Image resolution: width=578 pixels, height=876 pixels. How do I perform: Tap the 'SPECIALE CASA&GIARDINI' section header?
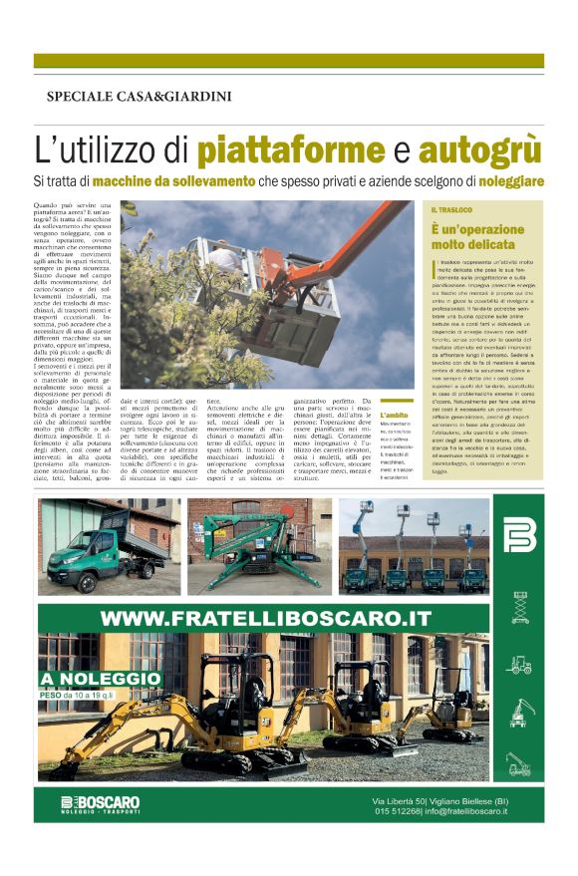point(139,97)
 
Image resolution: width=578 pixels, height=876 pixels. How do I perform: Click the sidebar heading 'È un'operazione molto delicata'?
point(478,236)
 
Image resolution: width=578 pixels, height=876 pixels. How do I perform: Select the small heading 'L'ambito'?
point(393,414)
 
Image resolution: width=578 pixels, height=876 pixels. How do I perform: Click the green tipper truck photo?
point(110,546)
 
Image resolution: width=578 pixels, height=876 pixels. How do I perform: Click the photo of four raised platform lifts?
point(411,546)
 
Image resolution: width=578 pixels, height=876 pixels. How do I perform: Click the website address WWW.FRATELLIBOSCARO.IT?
point(265,618)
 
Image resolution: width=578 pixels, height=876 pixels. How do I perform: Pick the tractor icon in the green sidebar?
point(520,664)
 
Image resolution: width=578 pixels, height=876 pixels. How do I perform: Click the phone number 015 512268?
point(397,811)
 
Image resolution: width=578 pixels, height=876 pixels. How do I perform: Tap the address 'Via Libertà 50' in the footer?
point(399,800)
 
